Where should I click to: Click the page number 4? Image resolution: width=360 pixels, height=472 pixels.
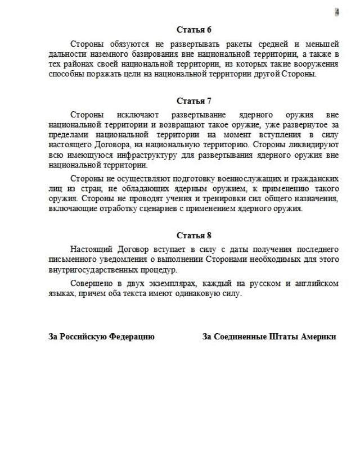337,12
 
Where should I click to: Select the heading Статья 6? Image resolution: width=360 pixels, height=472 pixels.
194,30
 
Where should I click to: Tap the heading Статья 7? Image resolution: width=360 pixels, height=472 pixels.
194,101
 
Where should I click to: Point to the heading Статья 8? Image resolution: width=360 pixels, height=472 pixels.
194,235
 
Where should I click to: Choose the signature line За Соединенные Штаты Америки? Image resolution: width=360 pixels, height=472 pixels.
269,337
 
